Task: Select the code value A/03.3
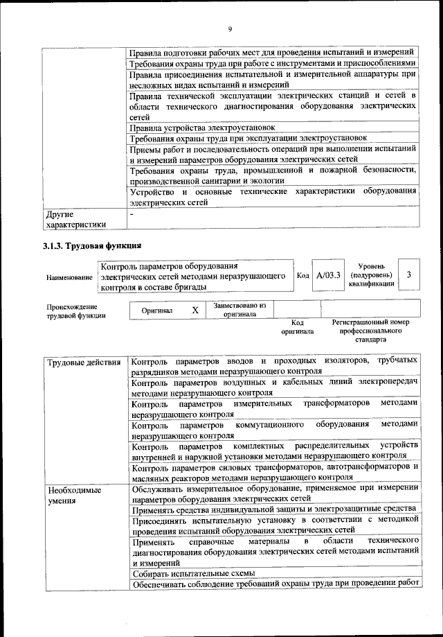click(329, 275)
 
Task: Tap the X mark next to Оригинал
click(195, 311)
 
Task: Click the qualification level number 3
click(410, 275)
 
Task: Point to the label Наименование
click(69, 277)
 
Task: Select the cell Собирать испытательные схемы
click(193, 573)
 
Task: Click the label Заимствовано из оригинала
click(240, 309)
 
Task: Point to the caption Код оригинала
click(297, 326)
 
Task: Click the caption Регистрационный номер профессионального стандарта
click(370, 331)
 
